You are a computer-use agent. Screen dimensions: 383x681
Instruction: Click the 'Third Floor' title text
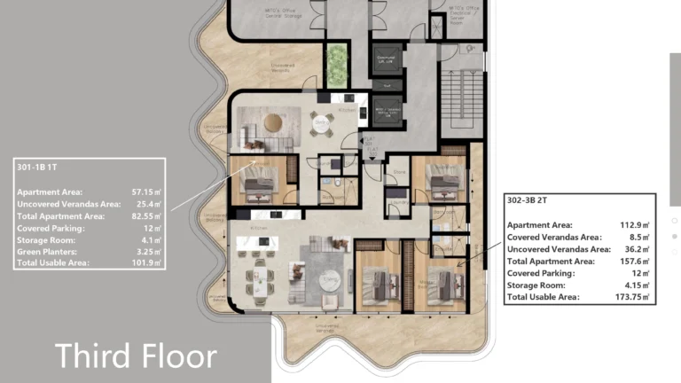pyautogui.click(x=136, y=356)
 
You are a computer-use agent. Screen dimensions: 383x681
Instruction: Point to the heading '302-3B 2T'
pyautogui.click(x=531, y=200)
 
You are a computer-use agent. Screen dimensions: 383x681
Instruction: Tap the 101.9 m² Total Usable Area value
pyautogui.click(x=145, y=263)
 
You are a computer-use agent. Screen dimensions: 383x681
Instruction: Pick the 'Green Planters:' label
pyautogui.click(x=50, y=252)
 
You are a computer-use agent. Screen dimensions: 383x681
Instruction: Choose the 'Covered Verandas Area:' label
pyautogui.click(x=554, y=237)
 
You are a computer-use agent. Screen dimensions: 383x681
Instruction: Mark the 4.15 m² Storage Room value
pyautogui.click(x=638, y=285)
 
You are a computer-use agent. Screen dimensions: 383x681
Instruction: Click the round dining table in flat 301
pyautogui.click(x=320, y=125)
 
